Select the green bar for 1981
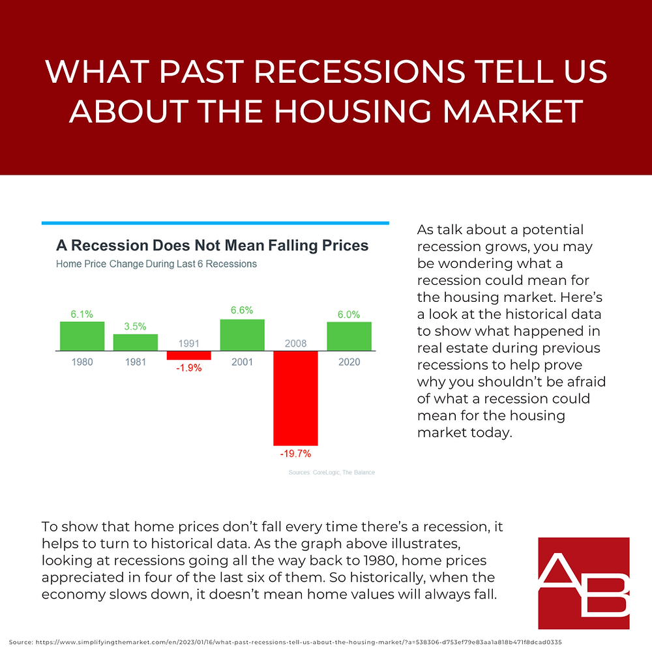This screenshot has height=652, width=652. click(x=136, y=342)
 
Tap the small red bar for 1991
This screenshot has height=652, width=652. click(x=189, y=355)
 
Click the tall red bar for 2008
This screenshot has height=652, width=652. click(x=295, y=398)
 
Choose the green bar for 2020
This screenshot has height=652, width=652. click(x=349, y=336)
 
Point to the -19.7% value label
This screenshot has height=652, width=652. click(x=295, y=453)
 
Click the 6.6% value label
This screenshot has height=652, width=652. click(x=242, y=310)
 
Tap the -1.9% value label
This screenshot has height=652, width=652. click(x=189, y=367)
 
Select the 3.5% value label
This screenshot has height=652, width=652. click(x=136, y=325)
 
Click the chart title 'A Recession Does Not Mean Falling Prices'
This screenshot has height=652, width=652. click(x=213, y=246)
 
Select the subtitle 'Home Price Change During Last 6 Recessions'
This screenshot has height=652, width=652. click(x=156, y=264)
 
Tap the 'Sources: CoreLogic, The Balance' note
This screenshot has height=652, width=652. click(x=331, y=472)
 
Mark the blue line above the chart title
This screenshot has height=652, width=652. click(x=215, y=223)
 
